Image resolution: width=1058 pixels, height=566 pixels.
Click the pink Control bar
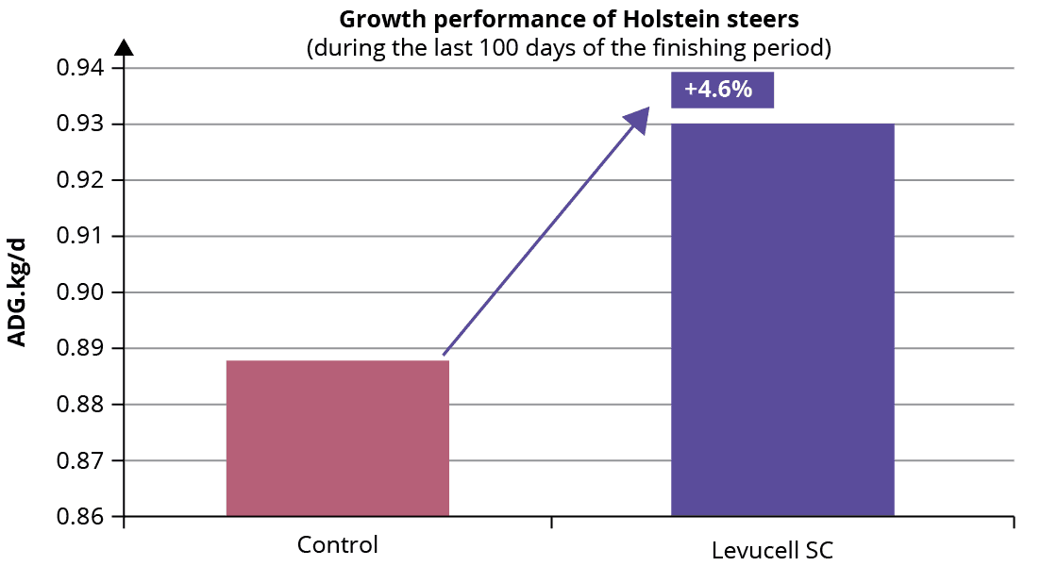[x=337, y=439]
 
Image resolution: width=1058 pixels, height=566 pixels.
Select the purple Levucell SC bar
[x=782, y=320]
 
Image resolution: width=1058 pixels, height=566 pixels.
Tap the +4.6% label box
[x=722, y=90]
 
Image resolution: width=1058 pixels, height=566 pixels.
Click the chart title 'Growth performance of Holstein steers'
[x=569, y=19]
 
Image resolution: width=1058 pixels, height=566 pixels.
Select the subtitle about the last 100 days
[x=569, y=48]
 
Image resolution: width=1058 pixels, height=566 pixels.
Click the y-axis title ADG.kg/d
[x=17, y=292]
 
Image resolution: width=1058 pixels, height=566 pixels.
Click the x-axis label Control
[x=337, y=544]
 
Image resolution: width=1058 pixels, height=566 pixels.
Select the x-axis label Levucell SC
[x=773, y=550]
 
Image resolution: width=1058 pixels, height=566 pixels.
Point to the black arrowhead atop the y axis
[x=125, y=46]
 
